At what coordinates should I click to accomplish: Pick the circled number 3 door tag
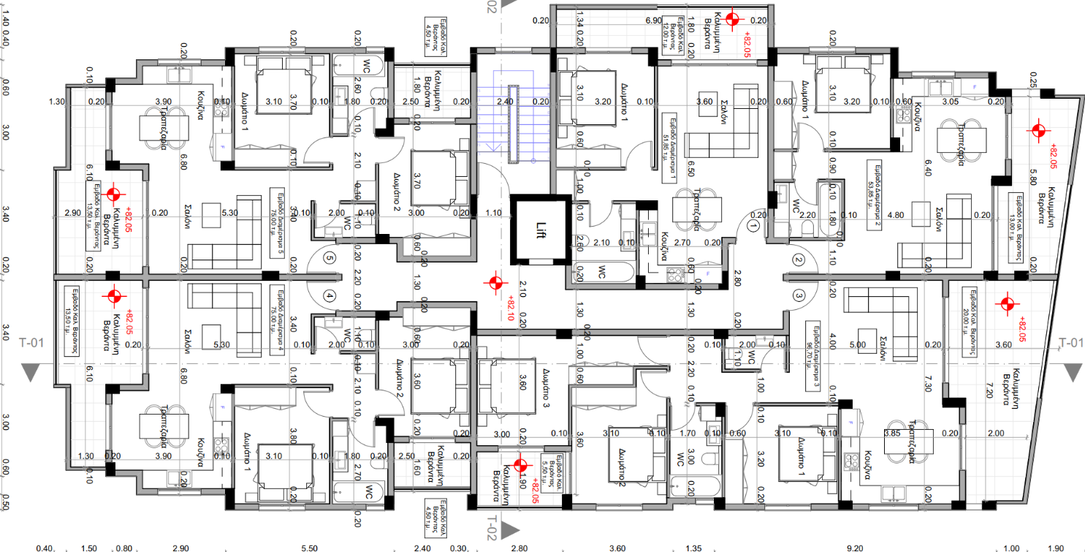(798, 295)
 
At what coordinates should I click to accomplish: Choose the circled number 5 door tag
(330, 258)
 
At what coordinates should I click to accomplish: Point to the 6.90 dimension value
(654, 20)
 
